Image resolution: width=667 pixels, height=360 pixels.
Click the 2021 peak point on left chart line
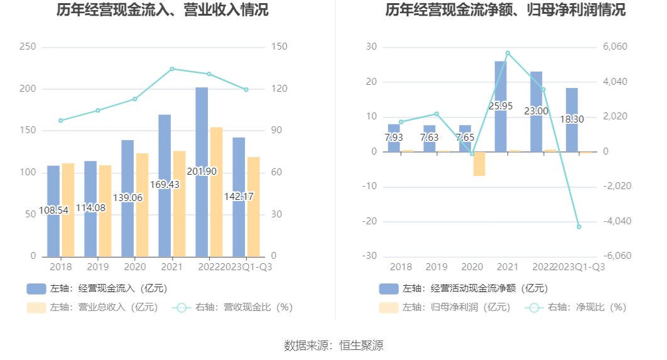172,69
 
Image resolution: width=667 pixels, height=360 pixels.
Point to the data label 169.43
165,185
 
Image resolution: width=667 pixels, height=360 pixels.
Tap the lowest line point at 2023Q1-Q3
579,227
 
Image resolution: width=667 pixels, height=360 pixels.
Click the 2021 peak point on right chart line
507,53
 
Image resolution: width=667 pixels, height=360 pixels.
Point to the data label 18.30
572,119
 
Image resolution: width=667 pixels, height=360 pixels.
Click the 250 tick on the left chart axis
28,47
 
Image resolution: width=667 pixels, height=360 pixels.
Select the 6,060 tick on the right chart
615,47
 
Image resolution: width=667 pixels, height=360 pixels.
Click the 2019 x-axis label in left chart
97,266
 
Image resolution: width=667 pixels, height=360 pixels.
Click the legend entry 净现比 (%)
578,307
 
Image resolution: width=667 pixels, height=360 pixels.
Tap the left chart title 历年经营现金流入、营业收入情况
163,10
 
